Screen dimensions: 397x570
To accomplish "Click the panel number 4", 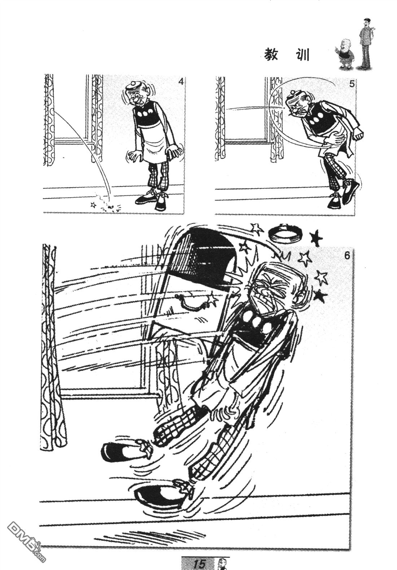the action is (181, 82).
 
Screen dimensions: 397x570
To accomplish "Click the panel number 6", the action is (347, 255).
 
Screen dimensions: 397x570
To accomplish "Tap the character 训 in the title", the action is (302, 56).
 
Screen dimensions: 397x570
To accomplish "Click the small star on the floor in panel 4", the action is (93, 205).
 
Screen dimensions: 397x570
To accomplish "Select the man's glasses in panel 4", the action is (135, 96).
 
